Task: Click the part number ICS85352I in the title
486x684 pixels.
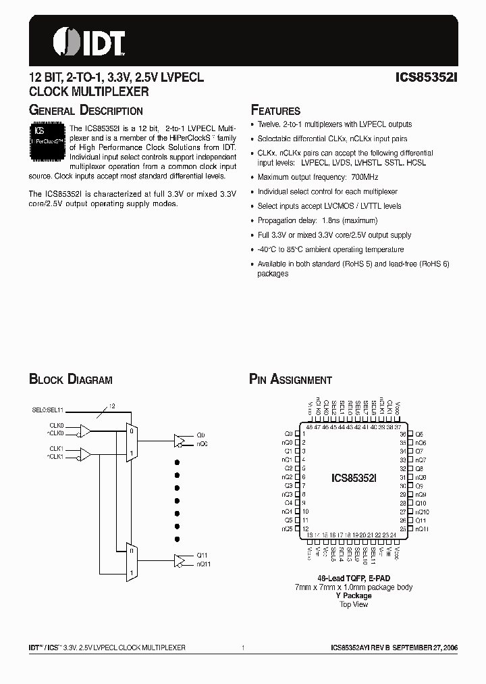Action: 426,78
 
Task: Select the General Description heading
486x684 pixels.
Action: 86,111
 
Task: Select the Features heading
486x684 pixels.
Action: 275,111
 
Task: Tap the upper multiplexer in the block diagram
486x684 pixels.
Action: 132,443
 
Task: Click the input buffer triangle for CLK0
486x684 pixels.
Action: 86,429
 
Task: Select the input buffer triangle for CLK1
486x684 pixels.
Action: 86,452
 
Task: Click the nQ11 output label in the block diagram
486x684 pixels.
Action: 203,564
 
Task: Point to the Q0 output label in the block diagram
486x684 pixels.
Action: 201,435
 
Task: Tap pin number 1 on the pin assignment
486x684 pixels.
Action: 304,434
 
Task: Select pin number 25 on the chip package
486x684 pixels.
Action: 403,530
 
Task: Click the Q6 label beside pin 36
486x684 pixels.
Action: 419,434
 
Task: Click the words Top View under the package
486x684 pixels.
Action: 354,604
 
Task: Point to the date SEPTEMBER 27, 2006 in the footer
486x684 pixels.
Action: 426,648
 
